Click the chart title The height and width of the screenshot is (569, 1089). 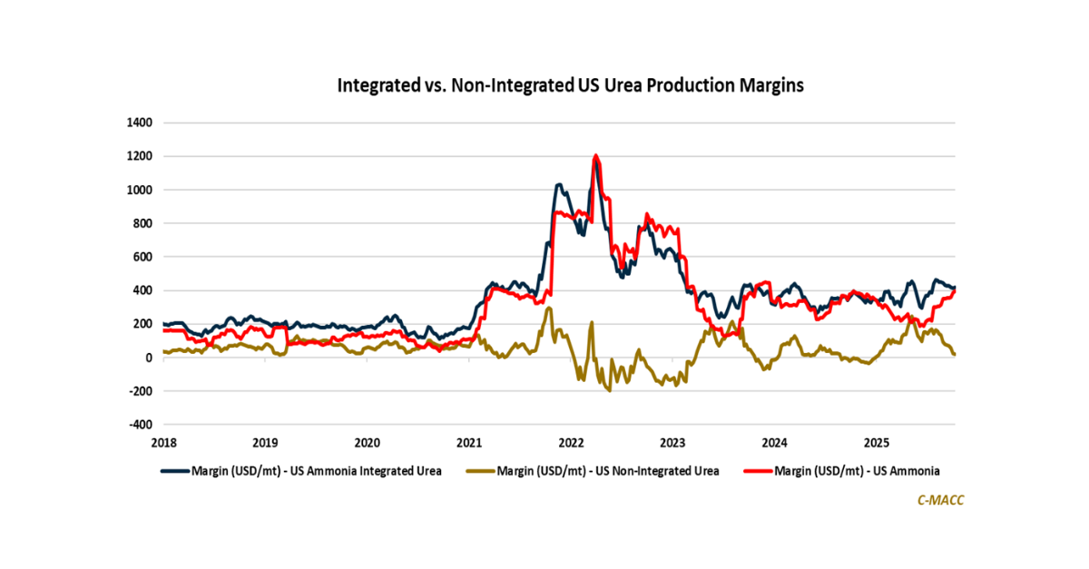coord(571,86)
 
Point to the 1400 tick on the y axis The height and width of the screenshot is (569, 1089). coord(140,123)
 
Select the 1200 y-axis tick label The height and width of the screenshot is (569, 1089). coord(140,156)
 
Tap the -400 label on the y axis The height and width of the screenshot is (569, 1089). coord(140,425)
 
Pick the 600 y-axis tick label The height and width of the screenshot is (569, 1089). coord(143,257)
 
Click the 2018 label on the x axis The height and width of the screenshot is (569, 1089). coord(163,443)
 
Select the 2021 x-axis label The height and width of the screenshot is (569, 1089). coord(469,443)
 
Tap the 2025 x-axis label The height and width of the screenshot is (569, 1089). coord(876,443)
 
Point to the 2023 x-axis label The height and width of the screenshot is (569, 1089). coord(672,443)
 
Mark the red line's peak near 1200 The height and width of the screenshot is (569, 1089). coord(596,156)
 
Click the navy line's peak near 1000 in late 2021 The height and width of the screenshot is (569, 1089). coord(560,185)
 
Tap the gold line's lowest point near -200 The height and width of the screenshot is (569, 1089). coord(610,390)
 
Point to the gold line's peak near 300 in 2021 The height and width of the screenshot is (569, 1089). coord(549,309)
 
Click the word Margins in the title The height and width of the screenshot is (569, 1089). coord(772,86)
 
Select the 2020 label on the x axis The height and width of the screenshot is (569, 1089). coord(367,443)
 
